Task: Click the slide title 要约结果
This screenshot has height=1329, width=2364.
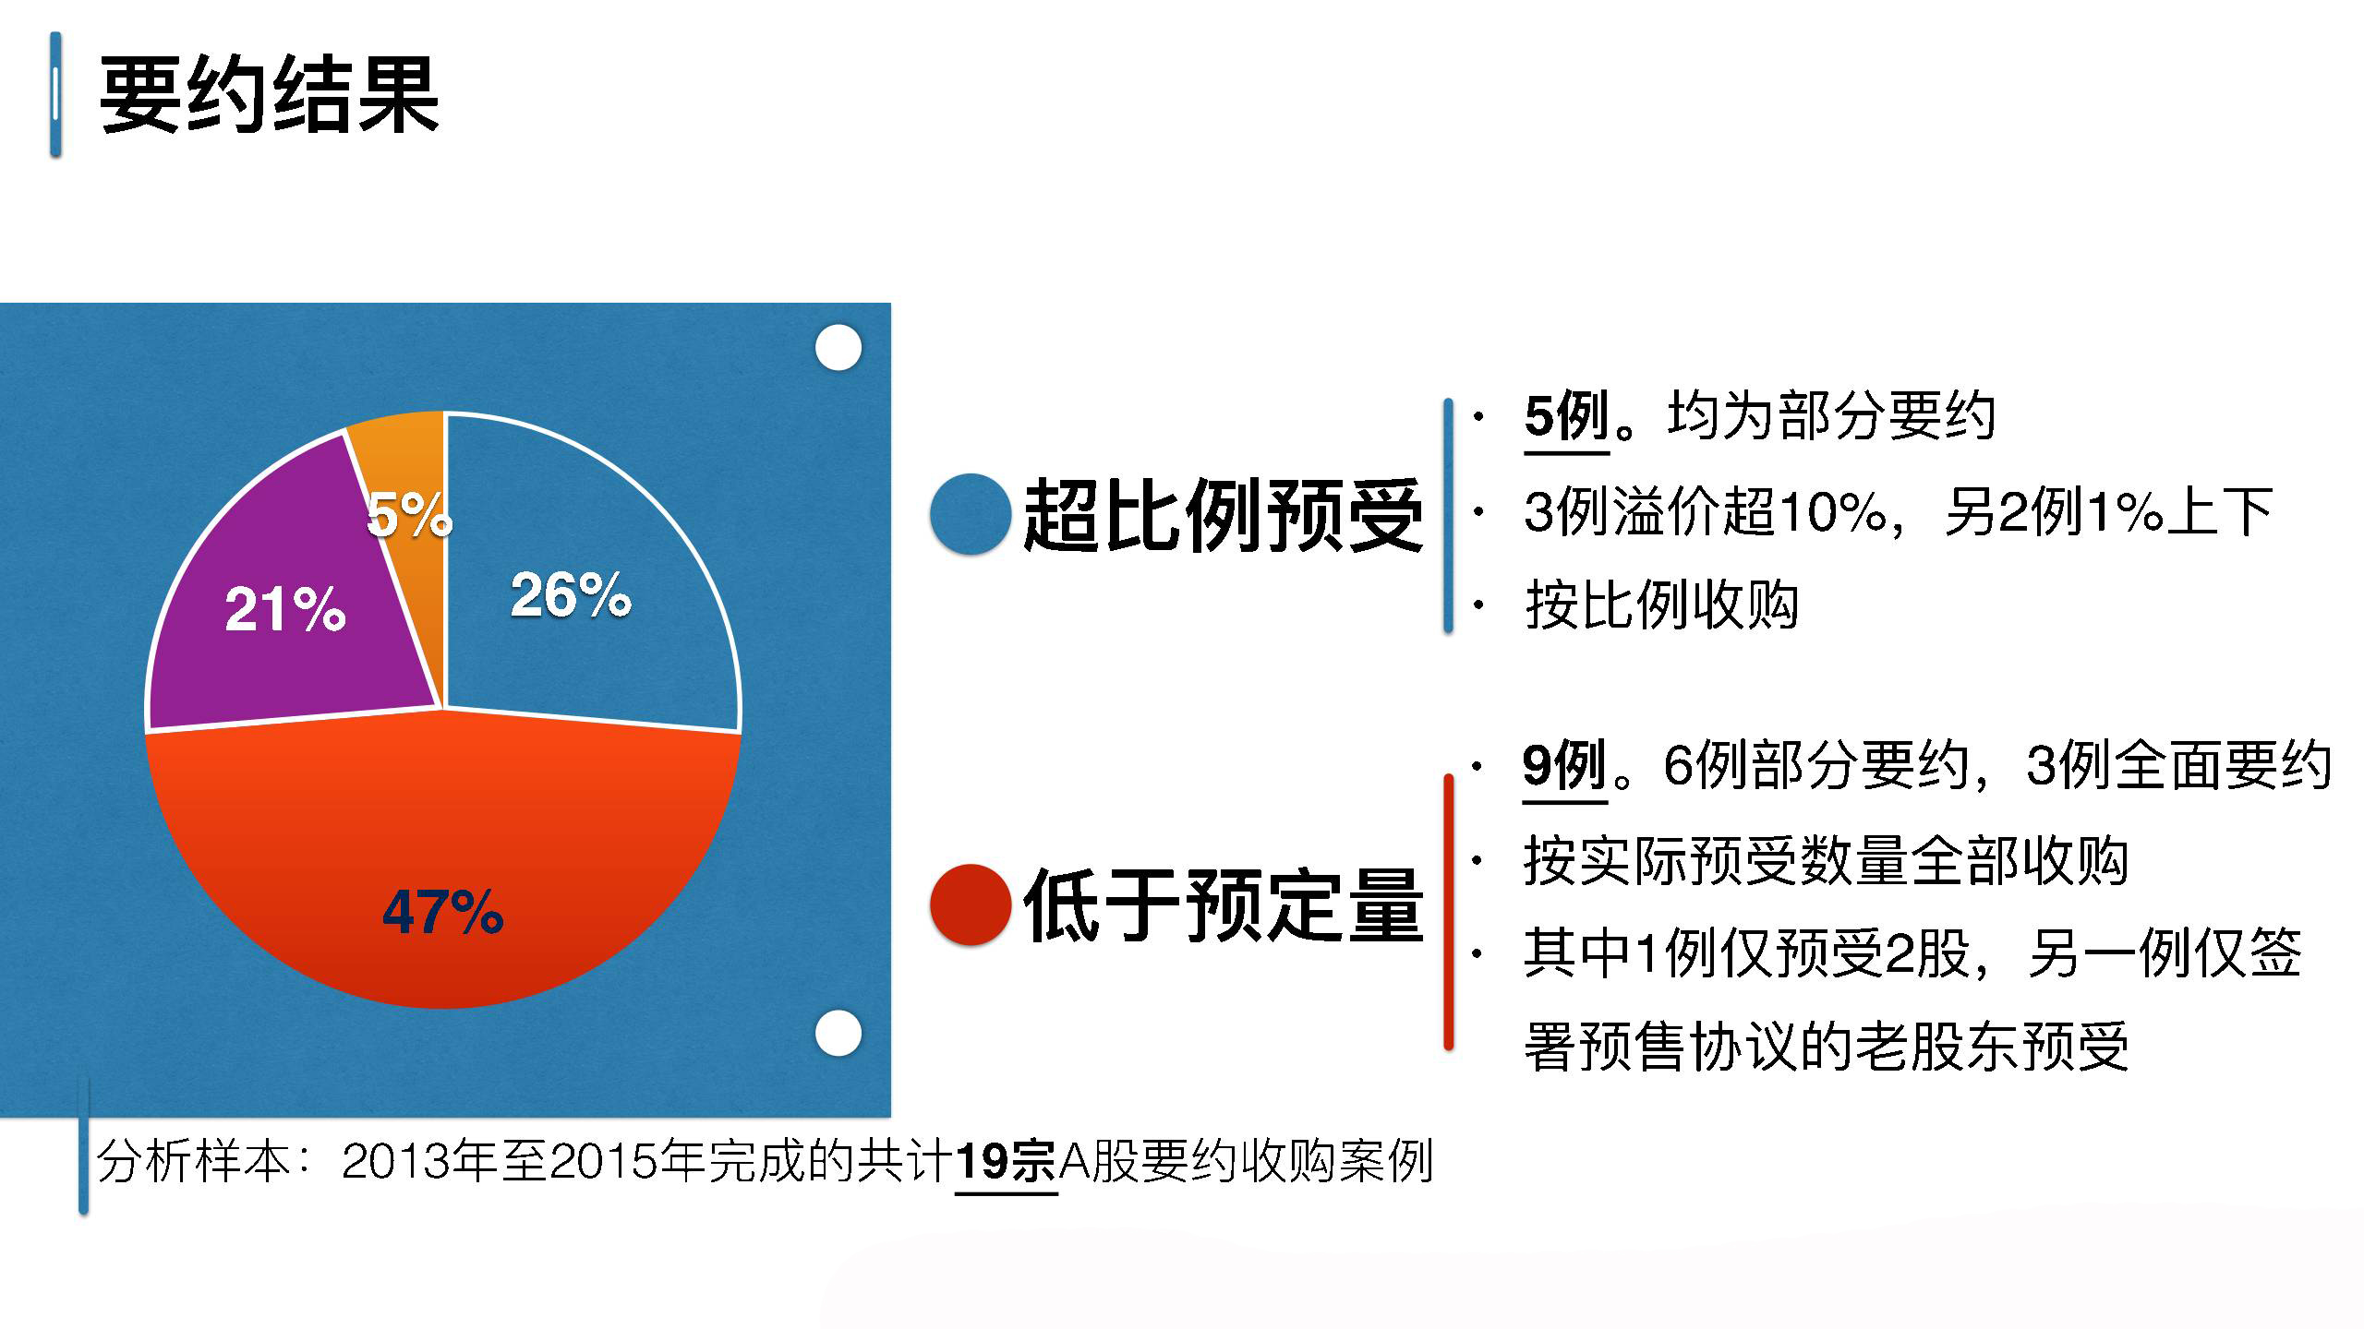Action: point(269,95)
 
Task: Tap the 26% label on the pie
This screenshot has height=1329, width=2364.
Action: point(571,594)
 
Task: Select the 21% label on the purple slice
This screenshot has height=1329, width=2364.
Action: point(285,609)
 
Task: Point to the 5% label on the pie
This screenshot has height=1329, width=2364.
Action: point(409,514)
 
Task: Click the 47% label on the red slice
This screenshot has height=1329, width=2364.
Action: point(443,912)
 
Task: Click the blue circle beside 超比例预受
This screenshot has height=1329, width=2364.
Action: point(970,514)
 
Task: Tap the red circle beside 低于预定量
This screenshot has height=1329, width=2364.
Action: point(970,904)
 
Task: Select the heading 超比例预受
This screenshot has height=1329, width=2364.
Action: point(1224,515)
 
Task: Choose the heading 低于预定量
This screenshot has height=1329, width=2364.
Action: point(1224,905)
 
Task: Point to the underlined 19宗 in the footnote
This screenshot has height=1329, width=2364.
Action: point(1006,1161)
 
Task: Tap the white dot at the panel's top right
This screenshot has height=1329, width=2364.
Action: point(838,348)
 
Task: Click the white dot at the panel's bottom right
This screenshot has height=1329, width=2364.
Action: point(838,1033)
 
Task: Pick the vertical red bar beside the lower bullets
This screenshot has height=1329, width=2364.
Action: point(1448,912)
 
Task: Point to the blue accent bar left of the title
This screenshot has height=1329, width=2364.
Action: point(56,94)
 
